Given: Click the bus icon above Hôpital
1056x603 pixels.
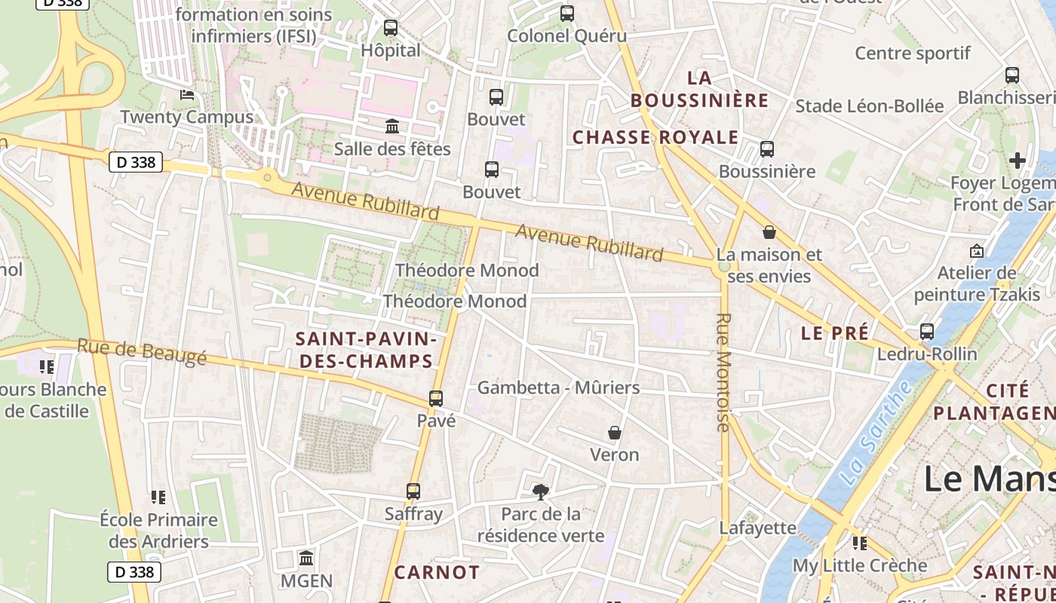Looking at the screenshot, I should pyautogui.click(x=390, y=28).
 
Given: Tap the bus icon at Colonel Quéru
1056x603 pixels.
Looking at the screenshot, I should pyautogui.click(x=566, y=13).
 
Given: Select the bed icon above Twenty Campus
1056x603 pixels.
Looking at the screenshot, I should pyautogui.click(x=187, y=95).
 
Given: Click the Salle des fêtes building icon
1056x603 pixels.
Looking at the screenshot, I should pyautogui.click(x=392, y=126).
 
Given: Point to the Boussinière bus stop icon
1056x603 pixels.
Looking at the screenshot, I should pyautogui.click(x=767, y=148).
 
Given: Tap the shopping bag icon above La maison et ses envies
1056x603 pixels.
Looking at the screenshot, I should pyautogui.click(x=769, y=232).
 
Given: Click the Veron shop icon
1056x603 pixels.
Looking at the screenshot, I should pyautogui.click(x=615, y=433).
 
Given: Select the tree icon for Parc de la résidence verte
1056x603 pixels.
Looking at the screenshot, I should pyautogui.click(x=540, y=492).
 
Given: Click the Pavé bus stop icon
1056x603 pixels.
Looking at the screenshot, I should pyautogui.click(x=436, y=398).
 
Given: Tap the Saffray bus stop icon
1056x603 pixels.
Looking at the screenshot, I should pyautogui.click(x=413, y=491).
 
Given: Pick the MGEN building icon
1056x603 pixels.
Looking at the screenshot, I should pyautogui.click(x=306, y=559).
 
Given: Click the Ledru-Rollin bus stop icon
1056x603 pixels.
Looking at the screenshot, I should pyautogui.click(x=926, y=331).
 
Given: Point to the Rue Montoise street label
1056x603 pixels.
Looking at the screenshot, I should pyautogui.click(x=723, y=372).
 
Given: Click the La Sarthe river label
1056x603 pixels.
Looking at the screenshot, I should pyautogui.click(x=876, y=433).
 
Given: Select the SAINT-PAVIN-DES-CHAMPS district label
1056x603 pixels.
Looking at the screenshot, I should pyautogui.click(x=366, y=350).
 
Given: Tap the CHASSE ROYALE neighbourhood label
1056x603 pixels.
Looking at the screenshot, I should pyautogui.click(x=655, y=137).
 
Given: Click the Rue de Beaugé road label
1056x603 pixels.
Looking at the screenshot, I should pyautogui.click(x=141, y=352).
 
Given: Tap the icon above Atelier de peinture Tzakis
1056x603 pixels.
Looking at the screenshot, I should pyautogui.click(x=977, y=250).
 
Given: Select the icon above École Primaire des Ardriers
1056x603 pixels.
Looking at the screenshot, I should pyautogui.click(x=158, y=497).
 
